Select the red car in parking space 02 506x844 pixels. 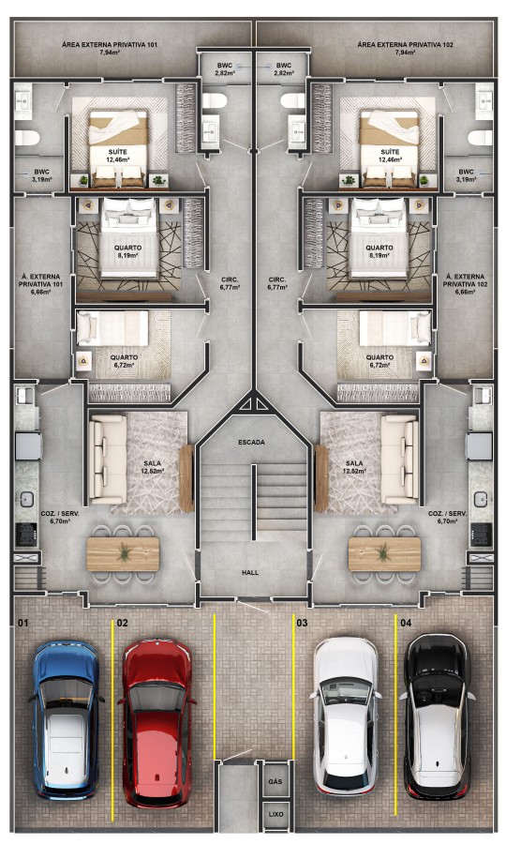(156, 721)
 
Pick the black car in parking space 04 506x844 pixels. (438, 715)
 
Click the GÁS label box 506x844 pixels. (275, 780)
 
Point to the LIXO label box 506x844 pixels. (275, 814)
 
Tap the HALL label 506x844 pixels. (250, 571)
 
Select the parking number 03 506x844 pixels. (302, 622)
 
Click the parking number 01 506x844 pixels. (22, 622)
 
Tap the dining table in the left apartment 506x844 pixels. (124, 553)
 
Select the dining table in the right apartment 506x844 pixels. (384, 553)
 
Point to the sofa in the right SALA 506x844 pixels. (400, 460)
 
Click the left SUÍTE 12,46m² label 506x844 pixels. (117, 156)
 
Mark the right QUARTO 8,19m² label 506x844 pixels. (379, 250)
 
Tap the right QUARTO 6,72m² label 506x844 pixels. (379, 360)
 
